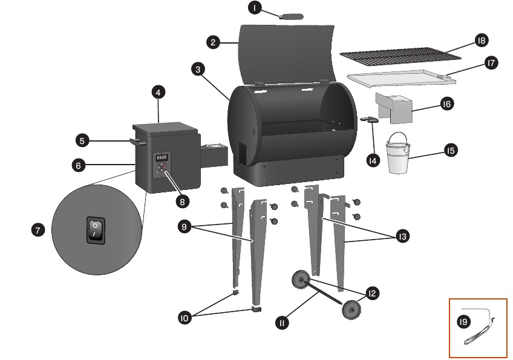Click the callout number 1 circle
tap(255, 8)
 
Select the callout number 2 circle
tap(213, 42)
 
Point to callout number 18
tap(482, 41)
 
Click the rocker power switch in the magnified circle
tap(96, 230)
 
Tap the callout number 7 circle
tap(38, 230)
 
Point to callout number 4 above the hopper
tap(157, 93)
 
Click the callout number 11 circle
tap(281, 323)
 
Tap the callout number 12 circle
tap(372, 293)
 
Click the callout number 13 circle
tap(401, 237)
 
